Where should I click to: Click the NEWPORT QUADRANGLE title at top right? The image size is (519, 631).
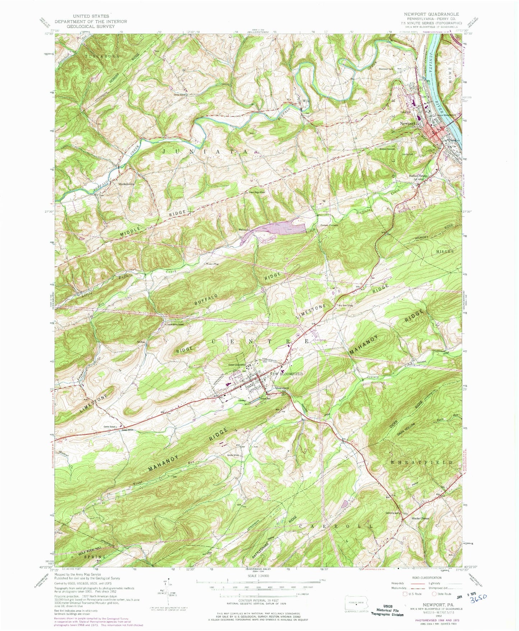[431, 14]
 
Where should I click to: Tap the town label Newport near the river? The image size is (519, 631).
[408, 123]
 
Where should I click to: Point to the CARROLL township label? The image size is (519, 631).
[337, 526]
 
